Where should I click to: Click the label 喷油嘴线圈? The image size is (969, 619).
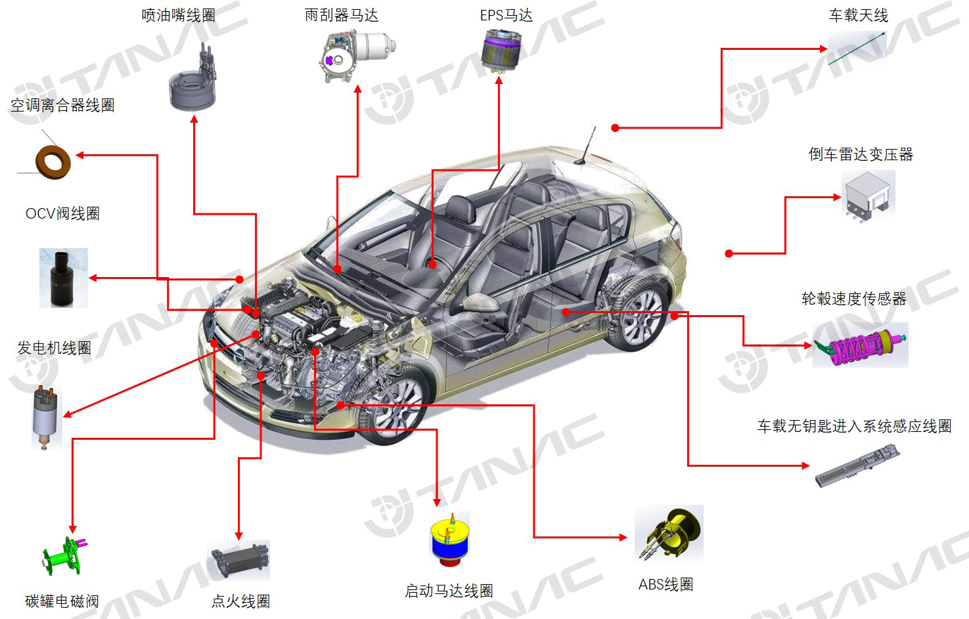coord(179,15)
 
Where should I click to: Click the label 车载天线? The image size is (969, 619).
coord(858,15)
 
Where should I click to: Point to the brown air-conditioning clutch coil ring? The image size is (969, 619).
coord(53,161)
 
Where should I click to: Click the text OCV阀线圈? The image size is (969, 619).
coord(62,213)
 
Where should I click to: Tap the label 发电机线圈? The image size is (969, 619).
coord(54,348)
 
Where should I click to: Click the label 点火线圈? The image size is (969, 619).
coord(240,601)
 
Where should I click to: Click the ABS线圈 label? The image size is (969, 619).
coord(665,584)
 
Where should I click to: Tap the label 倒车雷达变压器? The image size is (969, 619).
coord(861,154)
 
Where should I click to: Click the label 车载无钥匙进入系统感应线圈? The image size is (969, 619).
coord(854,426)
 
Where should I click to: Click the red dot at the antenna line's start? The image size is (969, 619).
coord(615,128)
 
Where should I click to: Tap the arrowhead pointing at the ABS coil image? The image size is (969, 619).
coord(623,538)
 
